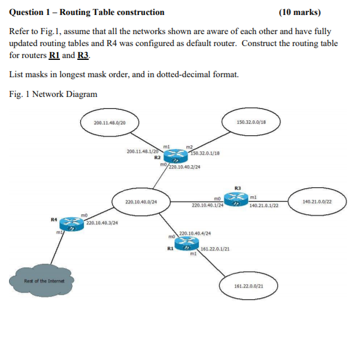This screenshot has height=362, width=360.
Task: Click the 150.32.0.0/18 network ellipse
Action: (x=251, y=122)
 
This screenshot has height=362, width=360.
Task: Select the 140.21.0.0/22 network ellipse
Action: (x=317, y=202)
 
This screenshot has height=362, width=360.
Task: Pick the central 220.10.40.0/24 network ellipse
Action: (x=141, y=202)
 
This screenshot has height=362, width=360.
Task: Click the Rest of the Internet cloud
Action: (x=41, y=281)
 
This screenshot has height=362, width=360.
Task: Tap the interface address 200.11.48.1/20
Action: (x=142, y=152)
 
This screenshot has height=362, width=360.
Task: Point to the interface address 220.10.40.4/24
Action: (x=195, y=233)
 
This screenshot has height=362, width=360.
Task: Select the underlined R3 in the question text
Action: (x=83, y=55)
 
